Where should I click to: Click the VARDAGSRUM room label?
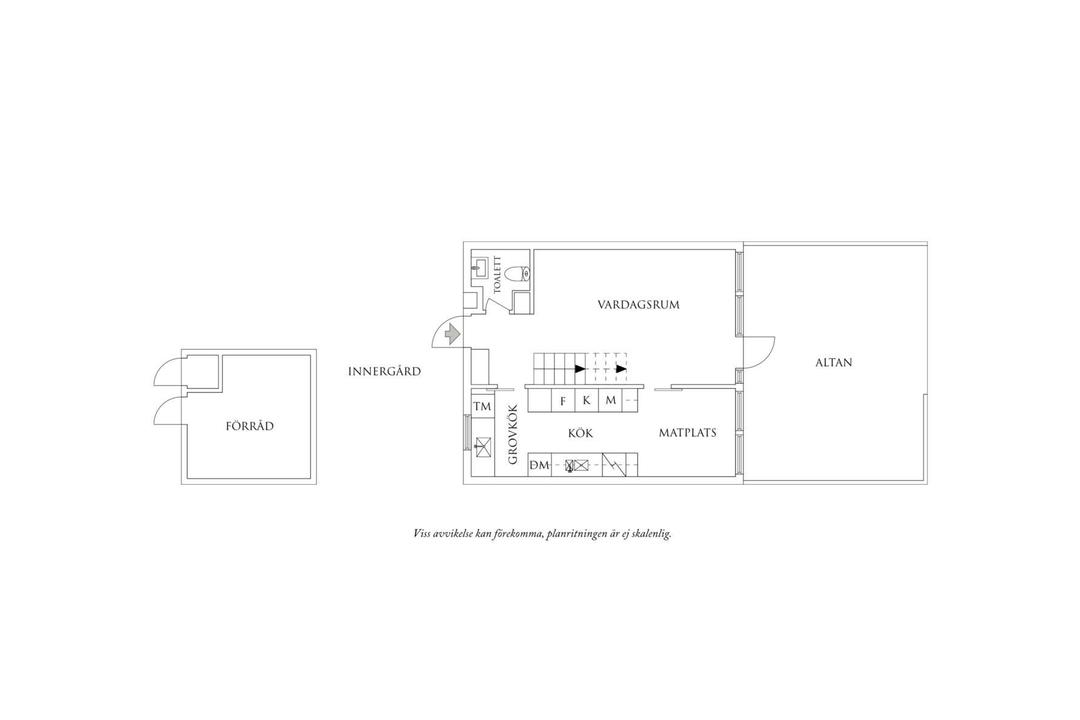638,304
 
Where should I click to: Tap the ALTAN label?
834,363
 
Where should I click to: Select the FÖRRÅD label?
250,426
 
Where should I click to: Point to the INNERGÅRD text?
385,371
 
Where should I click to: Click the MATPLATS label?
687,433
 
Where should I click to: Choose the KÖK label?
581,433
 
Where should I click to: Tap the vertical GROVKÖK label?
513,434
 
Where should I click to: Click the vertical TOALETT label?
498,275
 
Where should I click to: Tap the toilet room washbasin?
480,267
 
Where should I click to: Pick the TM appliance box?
482,406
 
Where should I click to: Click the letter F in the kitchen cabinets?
563,401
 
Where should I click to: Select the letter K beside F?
587,401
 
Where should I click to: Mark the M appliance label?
611,400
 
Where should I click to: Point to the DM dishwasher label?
539,465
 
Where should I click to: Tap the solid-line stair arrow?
580,368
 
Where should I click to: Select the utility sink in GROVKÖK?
483,447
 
